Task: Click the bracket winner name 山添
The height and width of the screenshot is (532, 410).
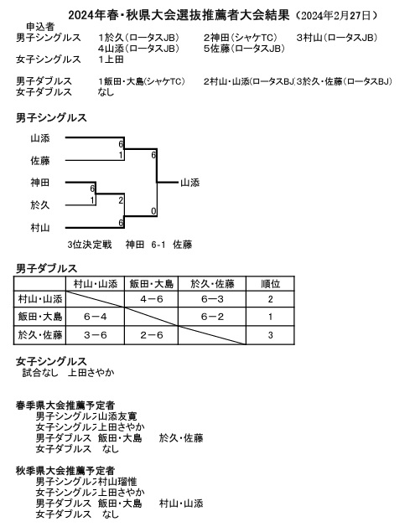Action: pyautogui.click(x=189, y=182)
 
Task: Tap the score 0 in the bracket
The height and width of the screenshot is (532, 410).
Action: pyautogui.click(x=153, y=211)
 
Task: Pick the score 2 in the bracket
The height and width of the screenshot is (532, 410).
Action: pyautogui.click(x=122, y=200)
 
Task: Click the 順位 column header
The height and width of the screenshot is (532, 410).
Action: pyautogui.click(x=270, y=283)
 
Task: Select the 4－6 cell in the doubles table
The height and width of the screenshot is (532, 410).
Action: pyautogui.click(x=152, y=299)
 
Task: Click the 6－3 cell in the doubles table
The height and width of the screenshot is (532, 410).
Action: pyautogui.click(x=211, y=299)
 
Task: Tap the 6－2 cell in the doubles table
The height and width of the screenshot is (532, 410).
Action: pyautogui.click(x=211, y=317)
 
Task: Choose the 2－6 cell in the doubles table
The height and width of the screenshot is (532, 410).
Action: pyautogui.click(x=152, y=335)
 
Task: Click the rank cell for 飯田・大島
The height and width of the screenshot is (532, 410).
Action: pyautogui.click(x=270, y=317)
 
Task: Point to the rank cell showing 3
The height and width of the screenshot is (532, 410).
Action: pyautogui.click(x=270, y=335)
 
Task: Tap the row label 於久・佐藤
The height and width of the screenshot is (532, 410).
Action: pyautogui.click(x=40, y=335)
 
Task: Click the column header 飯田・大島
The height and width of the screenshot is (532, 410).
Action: pyautogui.click(x=152, y=283)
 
